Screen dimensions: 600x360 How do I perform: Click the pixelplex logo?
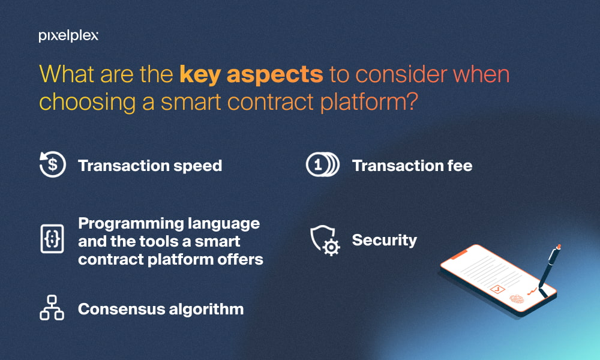pyautogui.click(x=68, y=36)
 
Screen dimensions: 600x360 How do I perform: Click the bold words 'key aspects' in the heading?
pyautogui.click(x=251, y=74)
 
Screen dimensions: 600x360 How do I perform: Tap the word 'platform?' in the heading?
pyautogui.click(x=369, y=103)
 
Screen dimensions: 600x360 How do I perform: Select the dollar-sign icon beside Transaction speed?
pyautogui.click(x=53, y=164)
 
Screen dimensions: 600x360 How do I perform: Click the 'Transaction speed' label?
pyautogui.click(x=150, y=166)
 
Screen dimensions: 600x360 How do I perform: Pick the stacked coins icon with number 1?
pyautogui.click(x=323, y=164)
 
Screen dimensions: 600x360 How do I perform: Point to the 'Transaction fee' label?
pyautogui.click(x=412, y=166)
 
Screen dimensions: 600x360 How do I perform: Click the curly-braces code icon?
pyautogui.click(x=52, y=239)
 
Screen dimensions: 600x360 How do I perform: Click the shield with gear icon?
pyautogui.click(x=325, y=240)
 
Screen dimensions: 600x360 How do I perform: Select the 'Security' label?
pyautogui.click(x=384, y=240)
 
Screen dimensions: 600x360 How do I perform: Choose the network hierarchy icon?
pyautogui.click(x=52, y=307)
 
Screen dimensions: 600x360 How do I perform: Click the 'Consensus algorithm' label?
pyautogui.click(x=161, y=309)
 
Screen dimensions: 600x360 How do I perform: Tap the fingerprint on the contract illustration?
pyautogui.click(x=516, y=299)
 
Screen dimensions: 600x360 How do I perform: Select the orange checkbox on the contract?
pyautogui.click(x=497, y=289)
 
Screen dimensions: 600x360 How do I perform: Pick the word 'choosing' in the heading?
pyautogui.click(x=87, y=103)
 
